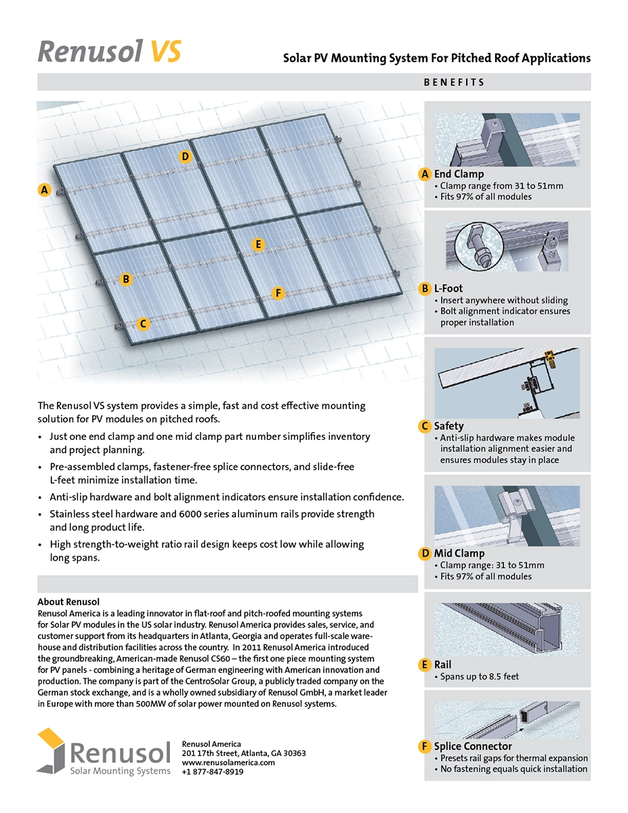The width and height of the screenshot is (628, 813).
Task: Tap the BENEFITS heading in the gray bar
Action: point(454,83)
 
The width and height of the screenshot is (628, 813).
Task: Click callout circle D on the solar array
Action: point(186,157)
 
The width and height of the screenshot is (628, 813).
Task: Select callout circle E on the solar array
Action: point(257,245)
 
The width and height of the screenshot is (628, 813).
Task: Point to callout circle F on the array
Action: point(277,293)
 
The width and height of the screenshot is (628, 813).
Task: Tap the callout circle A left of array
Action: point(45,190)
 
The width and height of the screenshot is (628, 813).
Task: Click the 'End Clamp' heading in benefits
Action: point(459,174)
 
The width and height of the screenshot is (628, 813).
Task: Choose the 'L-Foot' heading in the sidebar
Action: point(448,289)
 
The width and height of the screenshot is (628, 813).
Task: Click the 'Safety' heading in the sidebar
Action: point(448,426)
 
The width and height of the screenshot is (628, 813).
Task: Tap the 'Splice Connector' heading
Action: point(473,747)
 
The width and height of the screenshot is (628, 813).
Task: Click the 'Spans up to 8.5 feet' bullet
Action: point(479,676)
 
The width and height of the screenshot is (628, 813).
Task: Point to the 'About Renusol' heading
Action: point(68,602)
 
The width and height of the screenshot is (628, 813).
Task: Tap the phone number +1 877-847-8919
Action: point(213,772)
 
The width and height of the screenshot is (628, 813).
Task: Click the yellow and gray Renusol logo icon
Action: point(51,750)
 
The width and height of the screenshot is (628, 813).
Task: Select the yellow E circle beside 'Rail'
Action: point(425,665)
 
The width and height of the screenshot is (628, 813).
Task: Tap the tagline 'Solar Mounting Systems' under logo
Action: point(121,771)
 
